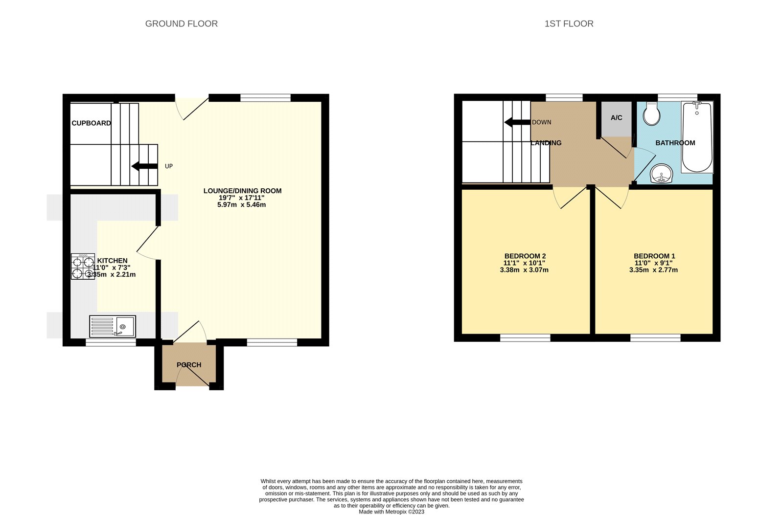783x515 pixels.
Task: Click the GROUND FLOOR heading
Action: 181,23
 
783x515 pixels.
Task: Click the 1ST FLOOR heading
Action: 569,23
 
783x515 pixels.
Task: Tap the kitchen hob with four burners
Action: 83,267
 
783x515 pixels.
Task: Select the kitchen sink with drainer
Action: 113,326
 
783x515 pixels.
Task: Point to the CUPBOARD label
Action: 91,123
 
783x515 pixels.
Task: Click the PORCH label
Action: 189,365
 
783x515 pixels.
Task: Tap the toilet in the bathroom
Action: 651,113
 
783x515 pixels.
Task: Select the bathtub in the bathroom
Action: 697,137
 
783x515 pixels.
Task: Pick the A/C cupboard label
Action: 616,118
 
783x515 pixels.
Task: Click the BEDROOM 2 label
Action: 525,256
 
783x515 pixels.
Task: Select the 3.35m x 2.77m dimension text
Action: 653,270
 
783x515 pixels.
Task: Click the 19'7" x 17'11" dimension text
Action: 242,198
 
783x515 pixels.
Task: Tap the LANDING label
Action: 546,143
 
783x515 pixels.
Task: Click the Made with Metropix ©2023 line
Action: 391,512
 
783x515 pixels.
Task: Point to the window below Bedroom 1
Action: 655,337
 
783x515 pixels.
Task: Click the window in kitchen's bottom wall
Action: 111,342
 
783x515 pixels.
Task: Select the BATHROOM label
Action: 675,143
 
